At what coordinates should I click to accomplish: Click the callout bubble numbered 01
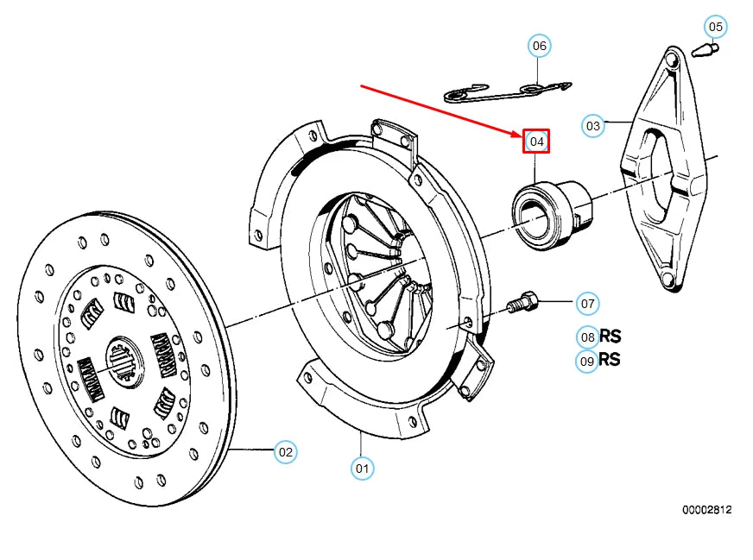pos(363,469)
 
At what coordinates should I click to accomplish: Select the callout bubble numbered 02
pos(286,451)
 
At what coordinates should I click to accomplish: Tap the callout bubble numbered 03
pos(592,125)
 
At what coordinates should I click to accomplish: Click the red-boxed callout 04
pos(536,141)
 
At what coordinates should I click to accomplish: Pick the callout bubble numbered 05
pos(715,27)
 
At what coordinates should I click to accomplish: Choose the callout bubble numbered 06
pos(539,45)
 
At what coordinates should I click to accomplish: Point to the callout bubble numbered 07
pos(587,304)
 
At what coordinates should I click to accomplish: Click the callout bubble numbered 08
pos(587,337)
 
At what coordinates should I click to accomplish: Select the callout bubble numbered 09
pos(587,362)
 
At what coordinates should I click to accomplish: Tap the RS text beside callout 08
pos(611,337)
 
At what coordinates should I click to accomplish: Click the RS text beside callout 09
pos(611,360)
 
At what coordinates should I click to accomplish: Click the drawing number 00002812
pos(706,510)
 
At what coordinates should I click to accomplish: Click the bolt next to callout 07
pos(523,304)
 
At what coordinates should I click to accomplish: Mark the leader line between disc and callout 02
pos(250,450)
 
